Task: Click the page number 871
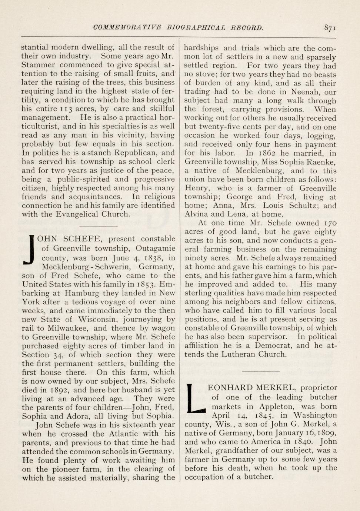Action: (330, 28)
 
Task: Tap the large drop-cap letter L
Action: (196, 398)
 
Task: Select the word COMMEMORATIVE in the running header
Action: (127, 28)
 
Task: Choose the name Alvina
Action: (196, 214)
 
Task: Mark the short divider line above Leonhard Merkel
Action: (260, 371)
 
